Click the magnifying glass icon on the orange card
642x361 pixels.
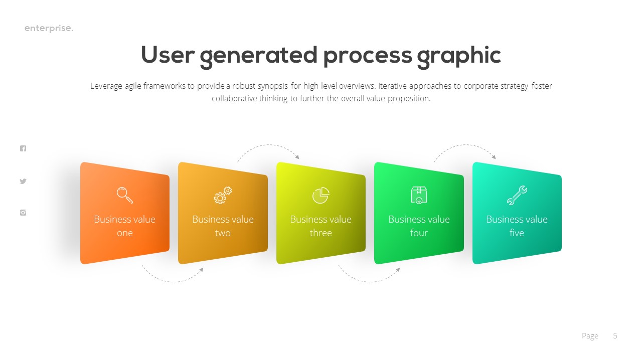(125, 195)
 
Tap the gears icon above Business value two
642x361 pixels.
(223, 195)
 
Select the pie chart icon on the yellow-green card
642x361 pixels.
(320, 195)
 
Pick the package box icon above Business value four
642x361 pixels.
(419, 195)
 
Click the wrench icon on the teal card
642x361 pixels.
(517, 195)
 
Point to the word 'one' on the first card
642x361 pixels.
(125, 233)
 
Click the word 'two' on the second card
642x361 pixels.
(223, 233)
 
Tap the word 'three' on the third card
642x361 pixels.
(320, 233)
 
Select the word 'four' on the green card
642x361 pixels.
(419, 233)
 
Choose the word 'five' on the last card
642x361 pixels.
(517, 233)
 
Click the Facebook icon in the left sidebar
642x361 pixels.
(23, 148)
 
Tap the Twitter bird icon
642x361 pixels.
(23, 182)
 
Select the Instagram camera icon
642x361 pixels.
(23, 213)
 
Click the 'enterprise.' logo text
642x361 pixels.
(49, 29)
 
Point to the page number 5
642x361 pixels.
(615, 336)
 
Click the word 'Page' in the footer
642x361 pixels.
(590, 336)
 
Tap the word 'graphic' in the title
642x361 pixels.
(458, 56)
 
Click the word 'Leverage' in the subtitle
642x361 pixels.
(107, 86)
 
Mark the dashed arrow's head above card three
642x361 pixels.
(297, 157)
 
